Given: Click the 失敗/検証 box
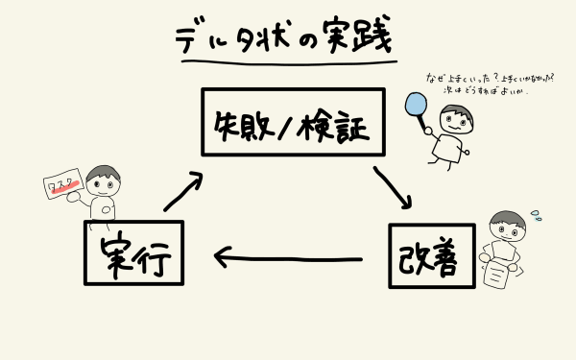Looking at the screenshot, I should (x=292, y=122).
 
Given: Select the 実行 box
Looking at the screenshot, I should (x=134, y=253).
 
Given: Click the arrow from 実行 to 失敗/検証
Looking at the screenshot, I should (x=183, y=191).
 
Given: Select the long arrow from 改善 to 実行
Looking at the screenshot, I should (x=288, y=257).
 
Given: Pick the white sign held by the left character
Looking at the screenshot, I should (x=64, y=193).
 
